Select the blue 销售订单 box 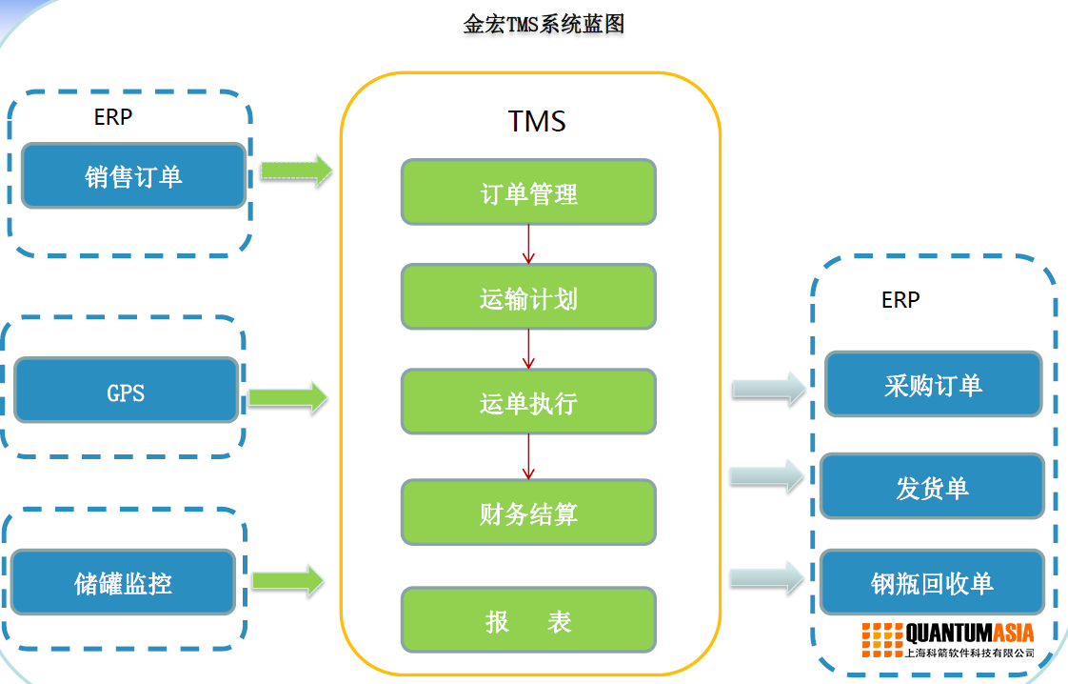point(133,176)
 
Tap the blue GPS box point(126,392)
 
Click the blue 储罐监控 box point(124,582)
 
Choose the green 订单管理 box point(528,192)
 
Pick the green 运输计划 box point(528,297)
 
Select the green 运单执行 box point(528,402)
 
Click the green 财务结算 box point(528,513)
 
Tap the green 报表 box point(528,620)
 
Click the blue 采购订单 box point(933,385)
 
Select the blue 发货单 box point(932,487)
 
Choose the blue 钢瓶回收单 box point(932,582)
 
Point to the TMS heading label point(537,122)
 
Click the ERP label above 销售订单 point(113,117)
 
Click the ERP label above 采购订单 point(900,300)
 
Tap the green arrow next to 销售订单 point(296,171)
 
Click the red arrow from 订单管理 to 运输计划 point(528,244)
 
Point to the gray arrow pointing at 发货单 point(767,476)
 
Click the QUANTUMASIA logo point(948,638)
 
